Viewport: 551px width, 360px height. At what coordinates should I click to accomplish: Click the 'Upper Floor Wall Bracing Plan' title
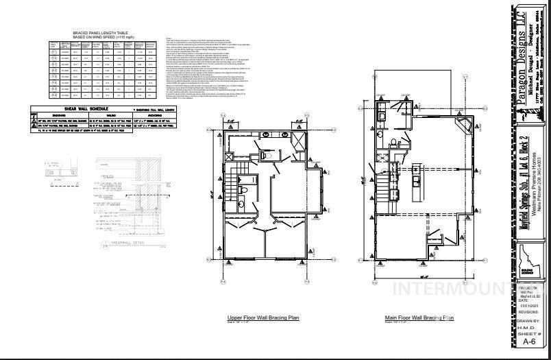tap(263, 318)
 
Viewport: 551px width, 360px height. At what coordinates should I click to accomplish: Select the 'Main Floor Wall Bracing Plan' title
tap(419, 318)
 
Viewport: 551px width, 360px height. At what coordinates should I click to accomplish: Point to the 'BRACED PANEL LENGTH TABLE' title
tap(101, 33)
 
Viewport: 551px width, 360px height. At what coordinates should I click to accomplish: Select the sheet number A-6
tap(529, 341)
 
